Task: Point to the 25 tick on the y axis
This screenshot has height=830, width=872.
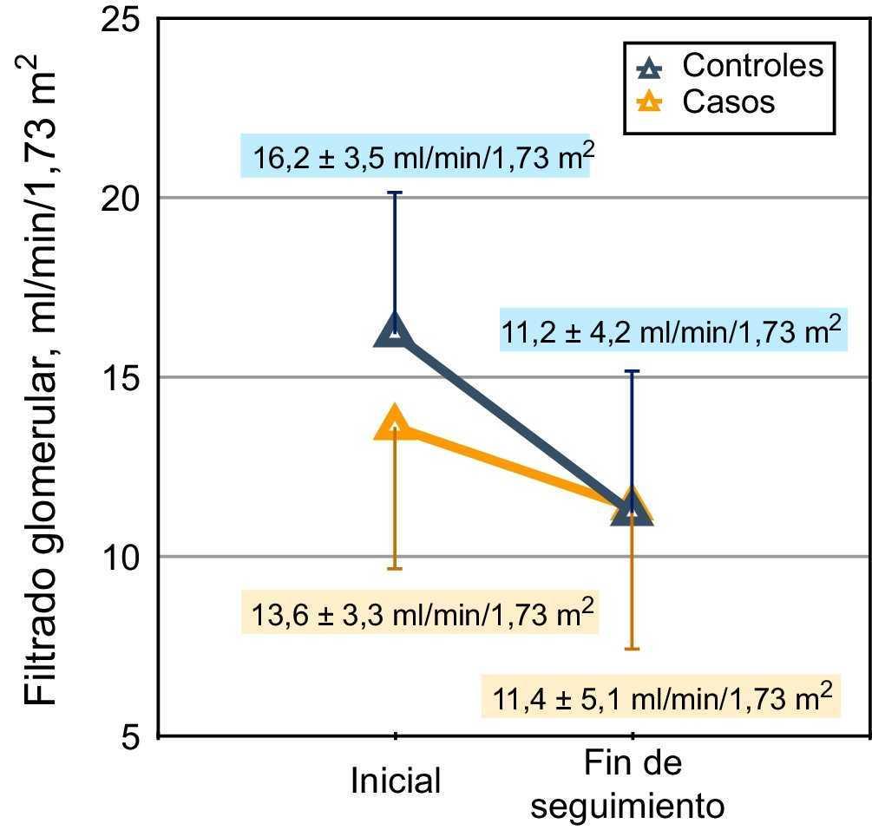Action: pyautogui.click(x=121, y=18)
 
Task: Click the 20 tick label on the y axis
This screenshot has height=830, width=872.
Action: pyautogui.click(x=121, y=198)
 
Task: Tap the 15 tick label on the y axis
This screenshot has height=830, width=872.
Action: pyautogui.click(x=121, y=377)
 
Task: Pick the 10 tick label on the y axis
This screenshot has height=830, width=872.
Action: pyautogui.click(x=121, y=557)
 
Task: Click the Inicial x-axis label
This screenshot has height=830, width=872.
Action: pyautogui.click(x=396, y=780)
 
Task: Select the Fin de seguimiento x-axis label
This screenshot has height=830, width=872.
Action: pyautogui.click(x=631, y=785)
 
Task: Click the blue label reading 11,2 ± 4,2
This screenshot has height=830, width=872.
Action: pyautogui.click(x=672, y=330)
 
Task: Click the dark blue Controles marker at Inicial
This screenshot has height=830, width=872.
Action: pyautogui.click(x=395, y=331)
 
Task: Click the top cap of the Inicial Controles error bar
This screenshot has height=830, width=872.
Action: pyautogui.click(x=395, y=193)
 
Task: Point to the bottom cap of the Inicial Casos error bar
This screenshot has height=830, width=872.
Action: pyautogui.click(x=395, y=568)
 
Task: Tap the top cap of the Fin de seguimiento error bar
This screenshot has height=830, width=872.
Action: pyautogui.click(x=633, y=371)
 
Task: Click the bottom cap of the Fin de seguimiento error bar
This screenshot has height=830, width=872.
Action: pyautogui.click(x=633, y=648)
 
